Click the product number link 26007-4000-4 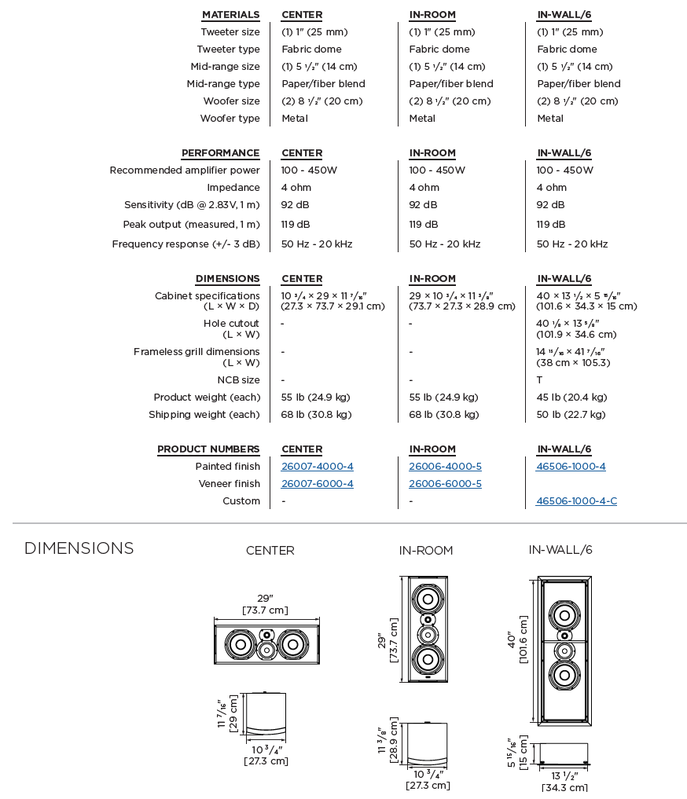pos(317,467)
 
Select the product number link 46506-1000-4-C pos(576,501)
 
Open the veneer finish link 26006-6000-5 pos(445,484)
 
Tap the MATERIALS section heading pos(230,15)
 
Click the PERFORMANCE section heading pos(220,153)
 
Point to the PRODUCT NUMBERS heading pos(208,449)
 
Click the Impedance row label pos(233,188)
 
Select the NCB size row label pos(238,380)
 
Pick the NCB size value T pos(539,380)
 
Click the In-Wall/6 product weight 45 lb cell pos(571,398)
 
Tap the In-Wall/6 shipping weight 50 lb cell pos(571,415)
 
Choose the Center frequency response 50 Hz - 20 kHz pos(317,244)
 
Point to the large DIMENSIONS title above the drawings pos(79,548)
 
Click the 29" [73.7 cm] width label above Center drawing pos(265,604)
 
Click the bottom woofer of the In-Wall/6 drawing pos(564,674)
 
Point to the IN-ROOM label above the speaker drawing pos(425,551)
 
